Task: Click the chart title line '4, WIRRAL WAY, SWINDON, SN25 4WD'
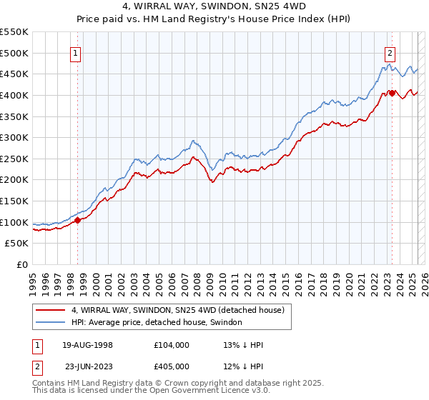[214, 6]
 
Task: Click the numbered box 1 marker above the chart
[75, 52]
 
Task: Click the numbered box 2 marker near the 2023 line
[390, 52]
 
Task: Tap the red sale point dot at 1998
[78, 220]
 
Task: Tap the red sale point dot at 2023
[392, 93]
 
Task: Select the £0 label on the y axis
[22, 264]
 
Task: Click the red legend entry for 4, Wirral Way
[177, 311]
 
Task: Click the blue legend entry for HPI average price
[157, 323]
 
